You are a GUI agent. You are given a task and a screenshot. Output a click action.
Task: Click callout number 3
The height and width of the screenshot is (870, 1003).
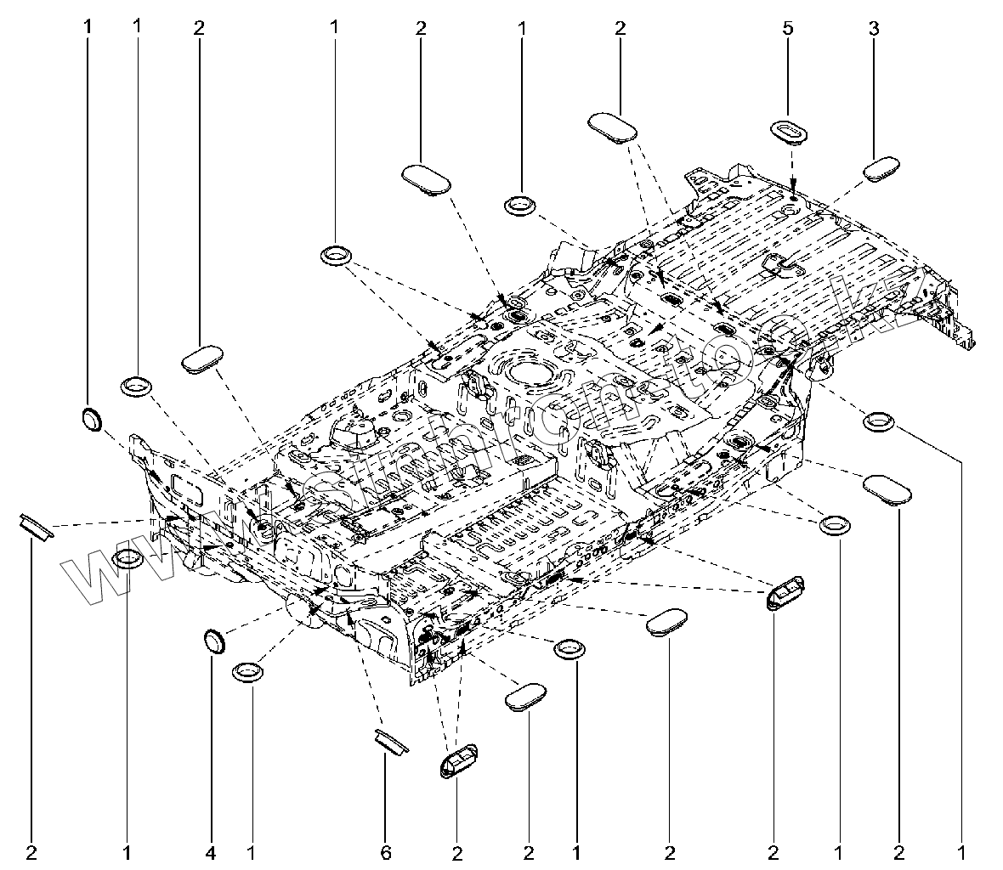(x=874, y=28)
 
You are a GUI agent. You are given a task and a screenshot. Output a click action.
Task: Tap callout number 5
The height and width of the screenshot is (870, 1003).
(x=788, y=28)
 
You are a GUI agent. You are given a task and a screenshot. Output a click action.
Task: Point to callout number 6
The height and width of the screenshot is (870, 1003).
(x=385, y=850)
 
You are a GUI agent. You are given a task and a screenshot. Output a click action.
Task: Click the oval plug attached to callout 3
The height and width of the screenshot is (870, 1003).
(x=882, y=167)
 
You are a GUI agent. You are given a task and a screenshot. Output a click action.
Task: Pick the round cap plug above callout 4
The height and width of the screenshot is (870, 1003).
(x=216, y=641)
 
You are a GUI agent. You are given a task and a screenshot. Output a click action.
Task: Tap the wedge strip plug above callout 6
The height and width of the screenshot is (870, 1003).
(x=391, y=739)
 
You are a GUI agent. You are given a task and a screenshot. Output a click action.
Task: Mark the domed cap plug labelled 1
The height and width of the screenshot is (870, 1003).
(x=90, y=418)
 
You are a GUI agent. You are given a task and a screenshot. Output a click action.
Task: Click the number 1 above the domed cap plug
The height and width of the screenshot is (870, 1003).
(x=87, y=27)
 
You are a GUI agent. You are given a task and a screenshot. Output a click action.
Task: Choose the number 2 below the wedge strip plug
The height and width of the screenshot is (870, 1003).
(x=32, y=850)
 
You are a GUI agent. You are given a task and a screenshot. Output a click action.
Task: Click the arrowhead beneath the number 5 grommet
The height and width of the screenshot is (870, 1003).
(x=792, y=185)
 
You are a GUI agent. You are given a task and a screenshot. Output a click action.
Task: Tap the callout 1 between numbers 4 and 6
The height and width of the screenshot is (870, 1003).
(x=252, y=850)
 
